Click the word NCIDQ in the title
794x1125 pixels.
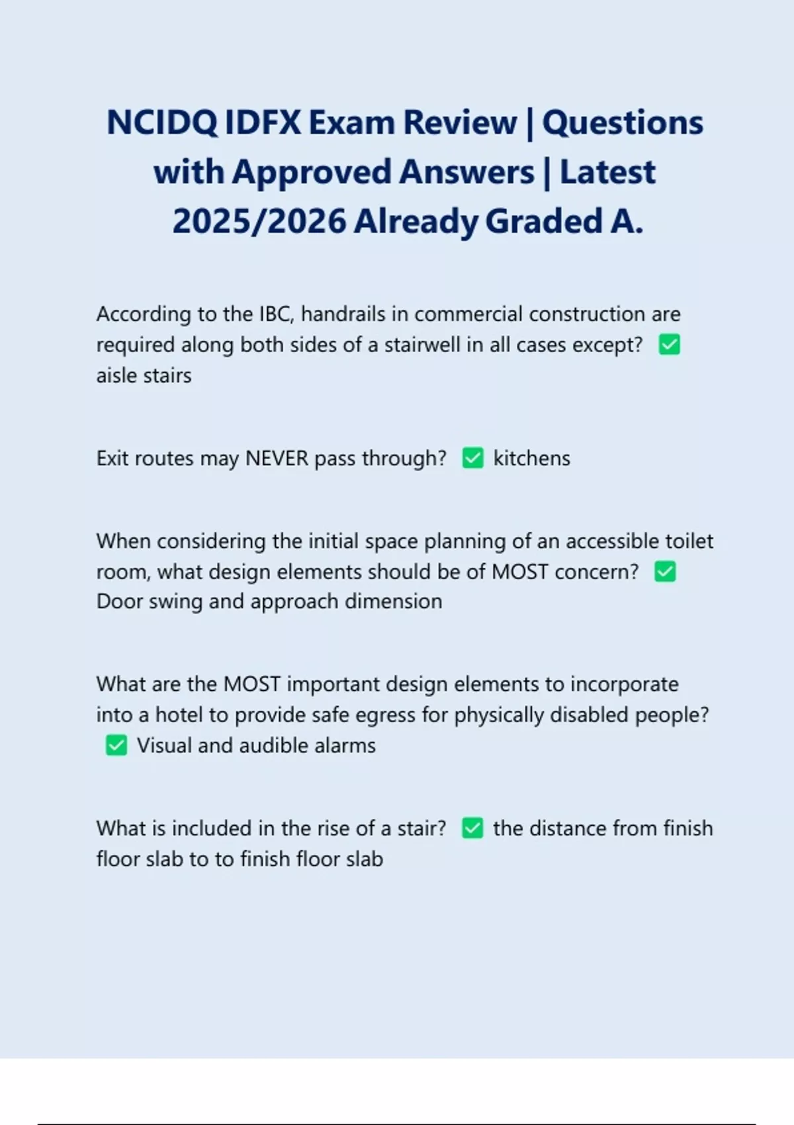pos(161,123)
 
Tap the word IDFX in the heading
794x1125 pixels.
pos(263,123)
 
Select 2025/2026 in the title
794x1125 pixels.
pos(259,221)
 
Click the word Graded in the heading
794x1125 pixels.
pos(543,221)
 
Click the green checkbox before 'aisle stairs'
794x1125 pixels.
pos(670,345)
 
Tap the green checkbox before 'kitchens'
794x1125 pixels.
pos(472,458)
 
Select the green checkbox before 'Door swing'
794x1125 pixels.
pos(665,572)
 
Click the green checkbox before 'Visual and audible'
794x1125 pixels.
pos(116,746)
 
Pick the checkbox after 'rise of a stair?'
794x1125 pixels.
pos(472,829)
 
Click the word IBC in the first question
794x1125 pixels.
pos(276,314)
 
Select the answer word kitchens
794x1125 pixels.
pos(531,458)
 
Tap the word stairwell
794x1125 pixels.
pos(429,345)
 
